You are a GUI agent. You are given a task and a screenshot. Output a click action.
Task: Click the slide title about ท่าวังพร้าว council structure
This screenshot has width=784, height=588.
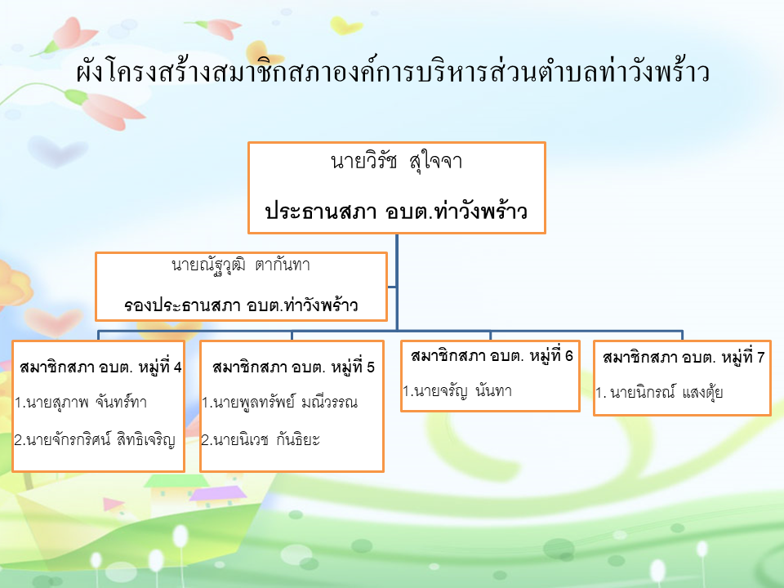tap(393, 71)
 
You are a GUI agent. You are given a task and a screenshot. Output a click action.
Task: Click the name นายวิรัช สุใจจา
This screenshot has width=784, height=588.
tap(397, 162)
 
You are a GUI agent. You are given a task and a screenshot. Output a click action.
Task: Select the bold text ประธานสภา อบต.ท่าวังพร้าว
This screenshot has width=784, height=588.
tap(396, 211)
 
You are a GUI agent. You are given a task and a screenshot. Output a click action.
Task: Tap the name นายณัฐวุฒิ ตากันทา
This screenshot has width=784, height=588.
tap(241, 265)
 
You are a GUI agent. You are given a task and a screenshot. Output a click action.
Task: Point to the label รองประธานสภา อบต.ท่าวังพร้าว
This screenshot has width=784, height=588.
tap(241, 305)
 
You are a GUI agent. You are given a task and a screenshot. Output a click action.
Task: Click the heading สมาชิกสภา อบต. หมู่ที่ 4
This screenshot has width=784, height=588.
tap(100, 367)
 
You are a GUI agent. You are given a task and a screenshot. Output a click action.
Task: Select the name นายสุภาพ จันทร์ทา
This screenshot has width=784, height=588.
tap(81, 402)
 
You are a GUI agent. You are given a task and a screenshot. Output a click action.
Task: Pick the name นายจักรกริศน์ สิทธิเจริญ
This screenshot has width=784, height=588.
tap(95, 439)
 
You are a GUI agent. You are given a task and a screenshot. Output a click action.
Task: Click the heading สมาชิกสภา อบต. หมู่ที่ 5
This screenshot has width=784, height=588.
tap(293, 367)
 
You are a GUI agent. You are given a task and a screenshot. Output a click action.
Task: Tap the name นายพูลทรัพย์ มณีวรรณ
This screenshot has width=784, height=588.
tap(280, 402)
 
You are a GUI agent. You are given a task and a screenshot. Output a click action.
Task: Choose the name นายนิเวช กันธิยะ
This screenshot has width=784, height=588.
tap(261, 439)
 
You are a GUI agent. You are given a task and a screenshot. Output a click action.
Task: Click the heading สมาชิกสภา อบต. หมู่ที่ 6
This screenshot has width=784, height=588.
tap(492, 356)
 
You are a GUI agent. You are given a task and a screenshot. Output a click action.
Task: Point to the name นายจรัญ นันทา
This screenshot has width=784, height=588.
tap(457, 390)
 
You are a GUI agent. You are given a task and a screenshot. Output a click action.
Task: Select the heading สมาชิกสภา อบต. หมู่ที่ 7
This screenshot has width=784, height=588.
tap(684, 358)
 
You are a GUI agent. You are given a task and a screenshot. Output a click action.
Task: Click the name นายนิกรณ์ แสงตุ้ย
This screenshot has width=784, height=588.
tap(660, 393)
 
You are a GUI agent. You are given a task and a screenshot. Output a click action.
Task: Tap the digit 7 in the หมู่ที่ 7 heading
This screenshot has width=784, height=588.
tap(760, 358)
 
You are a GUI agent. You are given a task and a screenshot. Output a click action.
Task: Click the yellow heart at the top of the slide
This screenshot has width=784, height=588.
tap(346, 25)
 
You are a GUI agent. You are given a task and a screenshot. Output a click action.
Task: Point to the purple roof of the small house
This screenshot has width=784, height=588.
tap(219, 493)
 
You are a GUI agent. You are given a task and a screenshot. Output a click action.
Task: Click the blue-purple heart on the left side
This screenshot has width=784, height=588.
tap(56, 150)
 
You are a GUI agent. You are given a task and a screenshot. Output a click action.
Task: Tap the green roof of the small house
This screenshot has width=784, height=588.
tap(176, 481)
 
